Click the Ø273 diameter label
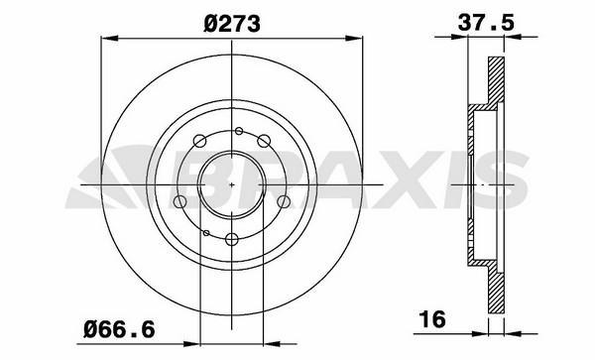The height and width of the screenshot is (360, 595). pyautogui.click(x=232, y=24)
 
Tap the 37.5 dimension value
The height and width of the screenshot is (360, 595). pyautogui.click(x=486, y=22)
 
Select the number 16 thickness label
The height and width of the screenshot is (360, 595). pyautogui.click(x=432, y=319)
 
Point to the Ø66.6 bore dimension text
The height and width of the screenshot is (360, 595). pyautogui.click(x=119, y=329)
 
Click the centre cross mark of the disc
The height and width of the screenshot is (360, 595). pyautogui.click(x=232, y=184)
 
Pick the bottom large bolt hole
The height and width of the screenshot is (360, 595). pyautogui.click(x=231, y=239)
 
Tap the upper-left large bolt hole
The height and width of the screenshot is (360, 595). pyautogui.click(x=199, y=141)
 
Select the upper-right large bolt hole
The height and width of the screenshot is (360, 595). pyautogui.click(x=264, y=141)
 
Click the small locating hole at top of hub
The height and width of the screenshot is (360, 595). pyautogui.click(x=239, y=131)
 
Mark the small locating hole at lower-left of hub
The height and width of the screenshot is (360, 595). pyautogui.click(x=206, y=232)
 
